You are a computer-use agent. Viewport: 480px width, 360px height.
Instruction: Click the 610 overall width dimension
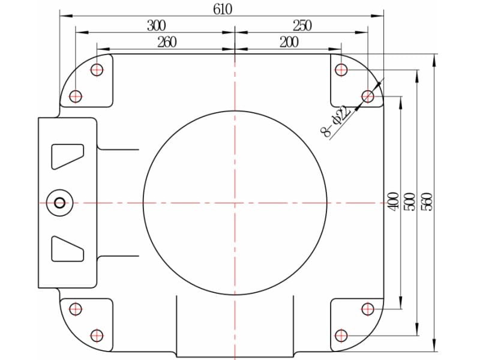[x=223, y=9]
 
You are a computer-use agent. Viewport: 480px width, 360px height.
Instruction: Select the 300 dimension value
[x=156, y=26]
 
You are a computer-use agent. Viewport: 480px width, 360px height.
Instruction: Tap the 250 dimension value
[x=302, y=26]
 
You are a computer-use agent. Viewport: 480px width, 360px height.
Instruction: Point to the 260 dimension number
[x=167, y=42]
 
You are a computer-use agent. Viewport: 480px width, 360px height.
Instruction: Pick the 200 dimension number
[x=289, y=42]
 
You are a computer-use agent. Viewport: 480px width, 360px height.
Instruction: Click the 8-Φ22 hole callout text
[x=335, y=122]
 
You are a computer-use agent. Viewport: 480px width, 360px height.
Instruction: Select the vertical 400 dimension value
[x=394, y=201]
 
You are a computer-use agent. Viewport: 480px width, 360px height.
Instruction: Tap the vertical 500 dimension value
[x=410, y=201]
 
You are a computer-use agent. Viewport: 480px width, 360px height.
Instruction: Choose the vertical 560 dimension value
[x=427, y=201]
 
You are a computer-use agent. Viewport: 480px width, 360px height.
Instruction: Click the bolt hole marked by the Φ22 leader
[x=368, y=97]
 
